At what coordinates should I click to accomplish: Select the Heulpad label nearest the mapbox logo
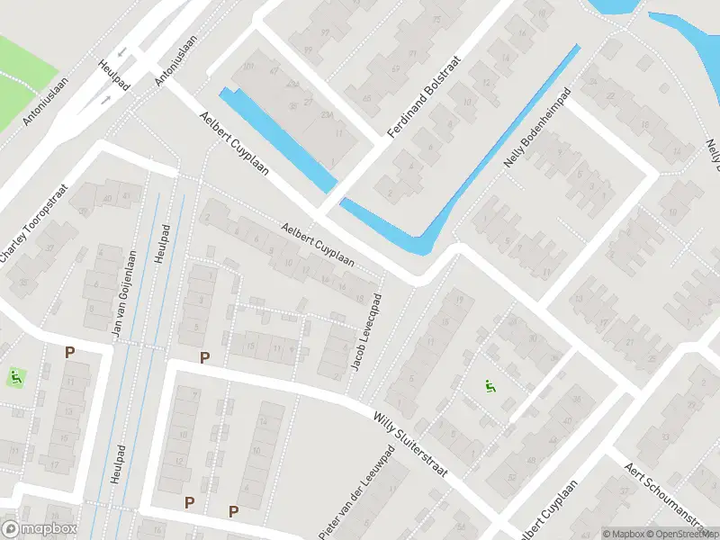(x=116, y=463)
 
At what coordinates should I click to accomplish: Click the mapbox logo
(x=40, y=528)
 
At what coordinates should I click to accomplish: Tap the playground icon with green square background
(x=15, y=377)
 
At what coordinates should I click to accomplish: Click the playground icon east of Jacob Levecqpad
(x=490, y=387)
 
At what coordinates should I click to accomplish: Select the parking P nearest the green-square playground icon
(x=69, y=353)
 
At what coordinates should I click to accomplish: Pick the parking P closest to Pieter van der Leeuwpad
(x=233, y=511)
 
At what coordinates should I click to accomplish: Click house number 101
(x=249, y=67)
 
